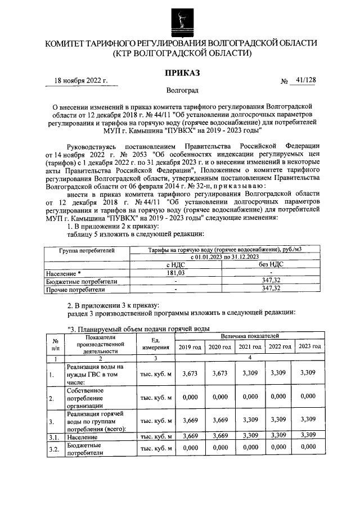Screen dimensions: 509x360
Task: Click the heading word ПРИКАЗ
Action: tap(182, 73)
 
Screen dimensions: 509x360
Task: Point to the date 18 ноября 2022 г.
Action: tap(81, 80)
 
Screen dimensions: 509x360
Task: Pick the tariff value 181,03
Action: tap(176, 273)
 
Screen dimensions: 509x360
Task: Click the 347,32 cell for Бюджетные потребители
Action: tap(271, 281)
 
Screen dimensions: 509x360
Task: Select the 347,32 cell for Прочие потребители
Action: tap(271, 289)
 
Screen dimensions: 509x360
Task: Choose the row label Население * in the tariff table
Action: tap(64, 273)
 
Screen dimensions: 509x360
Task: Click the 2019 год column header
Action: tap(190, 346)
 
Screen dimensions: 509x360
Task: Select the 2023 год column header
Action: tap(308, 346)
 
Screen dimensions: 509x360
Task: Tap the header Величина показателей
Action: tap(250, 336)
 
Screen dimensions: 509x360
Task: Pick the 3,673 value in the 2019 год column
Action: tap(190, 373)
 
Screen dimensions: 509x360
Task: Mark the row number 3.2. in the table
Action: tap(54, 448)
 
